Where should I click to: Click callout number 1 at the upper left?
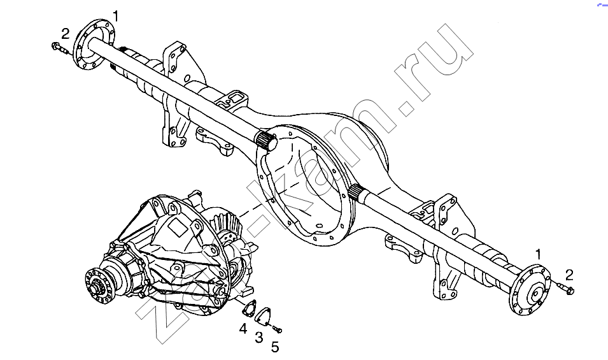115,17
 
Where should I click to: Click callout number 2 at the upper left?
65,34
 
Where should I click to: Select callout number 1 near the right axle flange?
538,254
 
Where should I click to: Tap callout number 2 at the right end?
569,275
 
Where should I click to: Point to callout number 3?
258,337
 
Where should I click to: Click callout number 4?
243,329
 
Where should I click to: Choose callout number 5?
275,347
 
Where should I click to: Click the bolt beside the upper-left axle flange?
59,47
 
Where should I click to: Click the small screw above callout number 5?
277,330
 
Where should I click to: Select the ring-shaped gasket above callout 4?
250,308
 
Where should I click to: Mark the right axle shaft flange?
530,290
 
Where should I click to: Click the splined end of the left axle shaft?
266,140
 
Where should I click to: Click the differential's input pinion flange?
97,286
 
